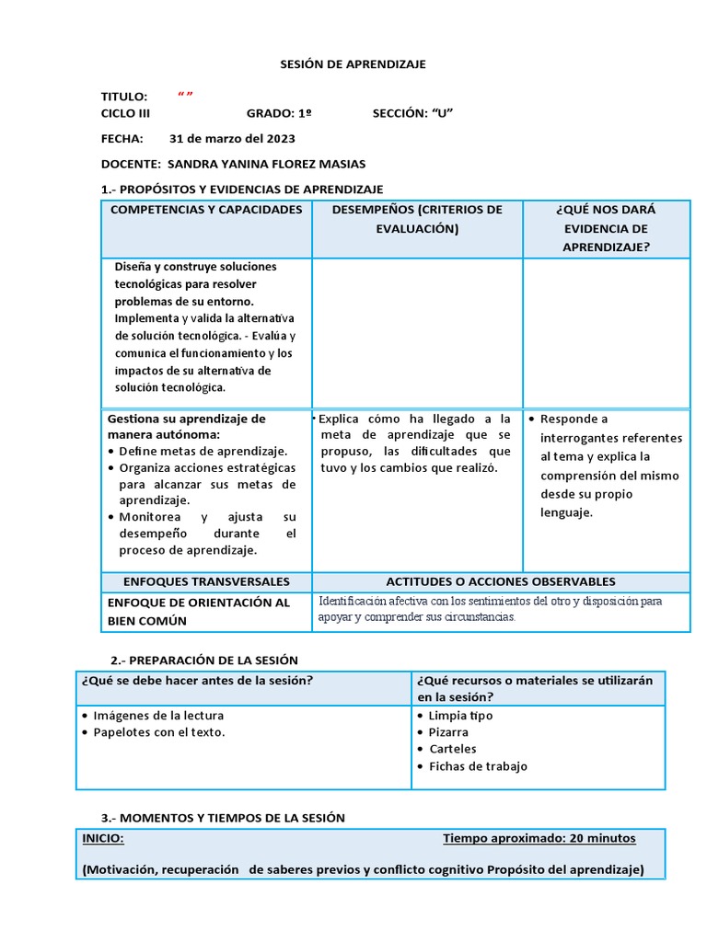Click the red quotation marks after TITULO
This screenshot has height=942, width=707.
[x=185, y=97]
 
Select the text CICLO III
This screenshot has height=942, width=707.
[x=125, y=113]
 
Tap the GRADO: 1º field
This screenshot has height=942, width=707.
[x=278, y=113]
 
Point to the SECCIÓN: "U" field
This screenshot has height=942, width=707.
[x=412, y=113]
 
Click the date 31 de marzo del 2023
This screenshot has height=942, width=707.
[x=232, y=139]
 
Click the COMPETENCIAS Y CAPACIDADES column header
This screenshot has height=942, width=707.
[x=206, y=210]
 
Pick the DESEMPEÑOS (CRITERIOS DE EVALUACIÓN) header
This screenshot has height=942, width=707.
[x=417, y=219]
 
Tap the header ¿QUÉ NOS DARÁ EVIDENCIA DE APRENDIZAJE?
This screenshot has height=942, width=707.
[x=606, y=228]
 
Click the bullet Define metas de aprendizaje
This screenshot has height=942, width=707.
[x=203, y=451]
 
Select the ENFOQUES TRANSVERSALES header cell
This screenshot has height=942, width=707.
[x=206, y=581]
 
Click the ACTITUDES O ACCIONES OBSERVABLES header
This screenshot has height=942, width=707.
[x=501, y=581]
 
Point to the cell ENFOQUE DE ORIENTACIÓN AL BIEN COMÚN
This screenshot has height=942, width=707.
[x=198, y=612]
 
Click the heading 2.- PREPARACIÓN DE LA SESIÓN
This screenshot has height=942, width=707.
[x=204, y=661]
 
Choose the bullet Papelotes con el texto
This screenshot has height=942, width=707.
[x=158, y=732]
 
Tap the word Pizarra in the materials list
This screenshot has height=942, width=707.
[x=448, y=732]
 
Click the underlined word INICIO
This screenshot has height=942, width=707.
[x=103, y=838]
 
